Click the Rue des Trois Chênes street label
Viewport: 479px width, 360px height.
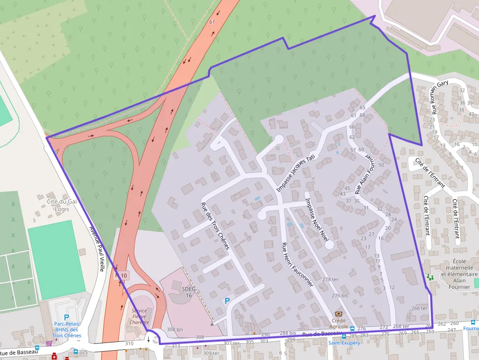[215, 226]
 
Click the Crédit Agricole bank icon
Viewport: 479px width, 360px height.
[338, 314]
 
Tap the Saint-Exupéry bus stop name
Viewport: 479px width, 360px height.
[344, 343]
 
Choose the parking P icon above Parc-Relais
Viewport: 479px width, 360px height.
[66, 317]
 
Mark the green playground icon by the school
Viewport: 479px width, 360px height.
[430, 277]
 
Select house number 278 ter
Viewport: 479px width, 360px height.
[330, 279]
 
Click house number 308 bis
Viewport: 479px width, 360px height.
[174, 330]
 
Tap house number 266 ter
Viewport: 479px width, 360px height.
[419, 308]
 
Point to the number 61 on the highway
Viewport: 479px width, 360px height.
[212, 22]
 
